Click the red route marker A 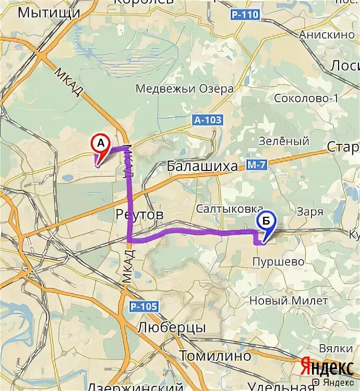(x=100, y=144)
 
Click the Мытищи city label (x=49, y=12)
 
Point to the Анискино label (x=327, y=35)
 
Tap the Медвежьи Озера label (x=184, y=88)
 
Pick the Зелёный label (x=284, y=141)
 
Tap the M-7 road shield (x=257, y=166)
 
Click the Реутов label (x=139, y=214)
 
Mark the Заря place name (x=310, y=212)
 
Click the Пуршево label (x=278, y=261)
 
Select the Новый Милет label (x=289, y=300)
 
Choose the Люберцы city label (x=172, y=328)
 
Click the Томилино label (x=215, y=356)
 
